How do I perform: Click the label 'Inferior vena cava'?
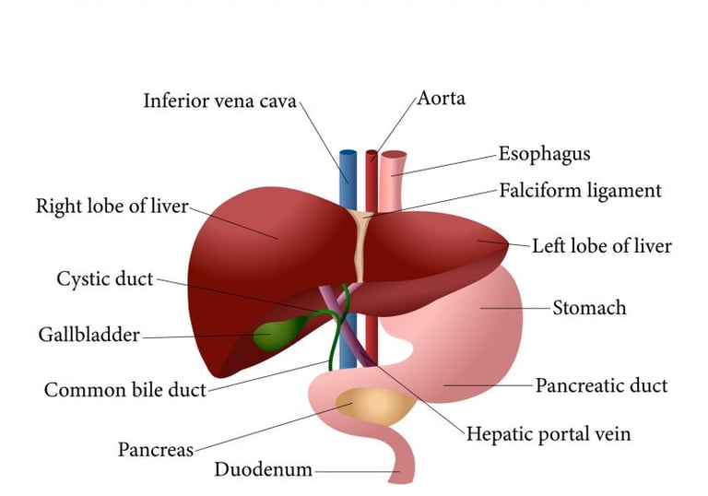[219, 100]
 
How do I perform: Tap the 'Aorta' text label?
[441, 98]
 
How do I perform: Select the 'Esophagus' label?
[544, 153]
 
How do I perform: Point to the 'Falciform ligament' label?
[580, 191]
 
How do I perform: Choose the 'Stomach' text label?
[589, 307]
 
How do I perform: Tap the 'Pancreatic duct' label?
[601, 384]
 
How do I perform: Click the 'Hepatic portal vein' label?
[548, 432]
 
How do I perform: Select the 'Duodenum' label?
[263, 469]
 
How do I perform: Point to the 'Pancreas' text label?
[155, 450]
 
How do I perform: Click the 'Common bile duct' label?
[124, 390]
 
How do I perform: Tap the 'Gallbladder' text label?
[88, 334]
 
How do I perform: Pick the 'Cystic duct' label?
[104, 278]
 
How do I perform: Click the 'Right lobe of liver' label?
[111, 206]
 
